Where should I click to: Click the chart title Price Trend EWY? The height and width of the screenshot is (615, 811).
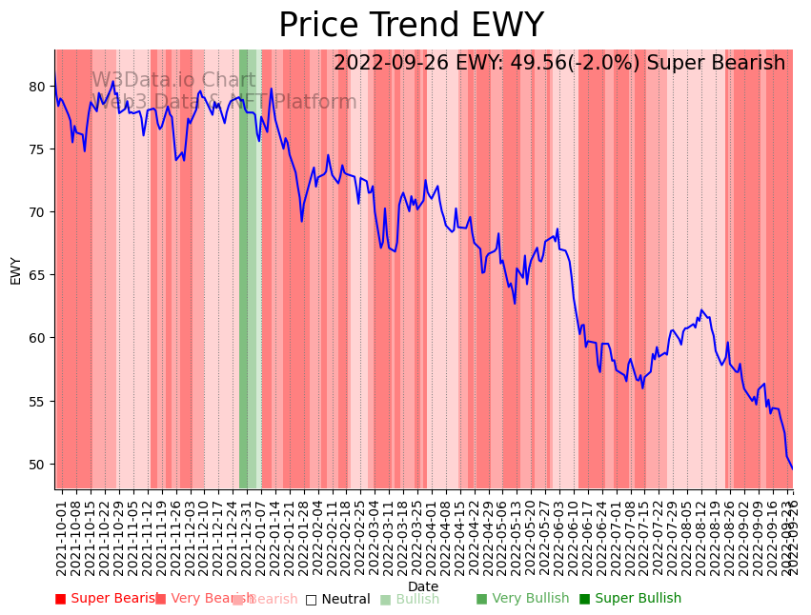click(411, 26)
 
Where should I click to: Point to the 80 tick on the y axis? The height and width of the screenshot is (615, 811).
click(38, 86)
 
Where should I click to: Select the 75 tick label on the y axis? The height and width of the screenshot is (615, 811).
click(38, 149)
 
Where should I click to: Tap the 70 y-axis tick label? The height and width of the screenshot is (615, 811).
click(38, 212)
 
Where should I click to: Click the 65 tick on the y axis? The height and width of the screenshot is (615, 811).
click(38, 275)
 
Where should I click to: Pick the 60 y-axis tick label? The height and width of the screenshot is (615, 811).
click(38, 338)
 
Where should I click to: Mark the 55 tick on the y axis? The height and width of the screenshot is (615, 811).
click(38, 401)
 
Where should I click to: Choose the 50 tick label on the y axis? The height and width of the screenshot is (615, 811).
click(38, 464)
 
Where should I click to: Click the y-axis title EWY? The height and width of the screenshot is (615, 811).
click(15, 270)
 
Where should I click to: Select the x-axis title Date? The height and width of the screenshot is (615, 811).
click(423, 586)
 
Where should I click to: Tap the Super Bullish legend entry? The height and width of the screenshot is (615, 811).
click(630, 599)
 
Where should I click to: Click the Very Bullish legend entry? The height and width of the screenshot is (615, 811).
click(522, 599)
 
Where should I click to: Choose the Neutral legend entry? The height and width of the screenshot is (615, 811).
click(337, 600)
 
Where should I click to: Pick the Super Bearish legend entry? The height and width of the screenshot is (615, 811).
click(106, 599)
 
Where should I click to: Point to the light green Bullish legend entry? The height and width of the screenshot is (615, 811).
click(410, 600)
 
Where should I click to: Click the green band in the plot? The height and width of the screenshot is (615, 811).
click(244, 267)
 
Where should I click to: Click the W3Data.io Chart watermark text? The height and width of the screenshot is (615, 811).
click(172, 81)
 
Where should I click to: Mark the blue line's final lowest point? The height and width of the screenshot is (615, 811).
click(792, 468)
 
